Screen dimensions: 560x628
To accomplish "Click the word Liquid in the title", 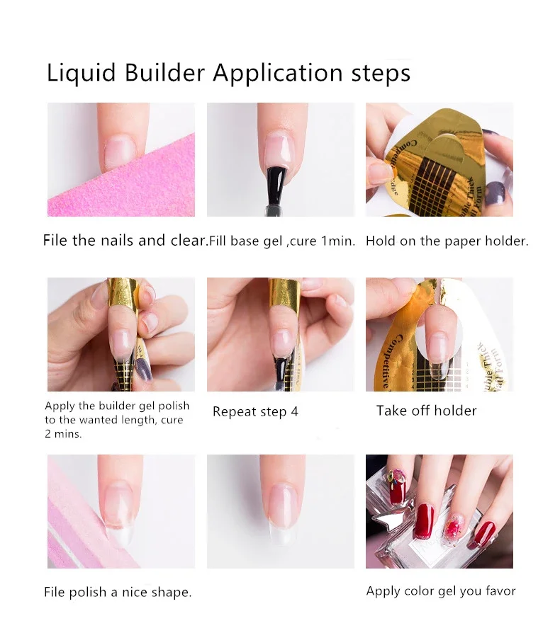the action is pyautogui.click(x=81, y=74).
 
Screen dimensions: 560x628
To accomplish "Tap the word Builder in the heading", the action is pyautogui.click(x=164, y=73).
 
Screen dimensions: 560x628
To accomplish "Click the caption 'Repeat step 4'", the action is pyautogui.click(x=255, y=412).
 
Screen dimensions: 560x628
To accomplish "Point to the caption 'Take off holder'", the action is pyautogui.click(x=426, y=411).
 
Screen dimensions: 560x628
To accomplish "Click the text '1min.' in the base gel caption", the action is pyautogui.click(x=338, y=241).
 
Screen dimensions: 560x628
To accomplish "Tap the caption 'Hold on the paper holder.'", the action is pyautogui.click(x=447, y=241).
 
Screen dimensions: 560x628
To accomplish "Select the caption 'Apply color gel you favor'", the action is pyautogui.click(x=440, y=591).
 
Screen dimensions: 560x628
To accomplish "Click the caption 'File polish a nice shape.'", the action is pyautogui.click(x=118, y=592).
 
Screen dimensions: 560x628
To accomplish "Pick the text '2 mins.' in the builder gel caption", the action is pyautogui.click(x=63, y=434).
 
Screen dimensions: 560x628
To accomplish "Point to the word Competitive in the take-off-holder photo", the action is pyautogui.click(x=391, y=361).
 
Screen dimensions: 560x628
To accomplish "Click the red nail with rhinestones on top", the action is pyautogui.click(x=397, y=485).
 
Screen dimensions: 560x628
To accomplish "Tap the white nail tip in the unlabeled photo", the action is pyautogui.click(x=281, y=533).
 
